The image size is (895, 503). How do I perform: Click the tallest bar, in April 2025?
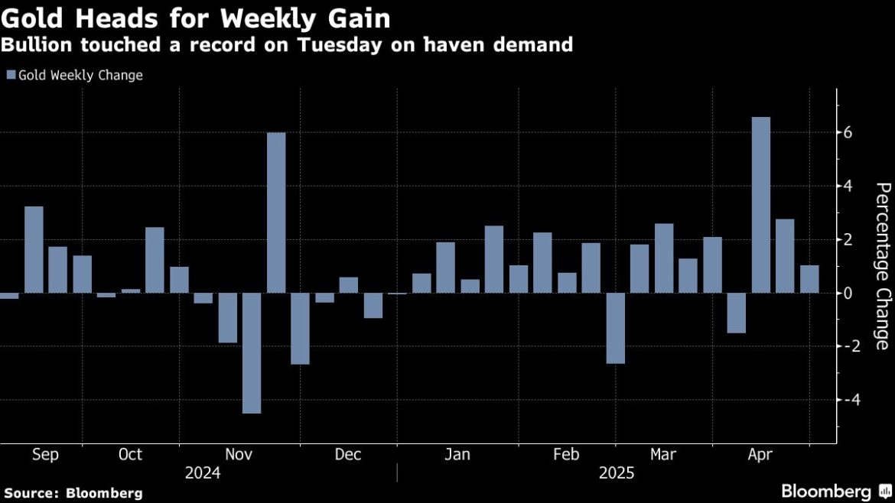pos(760,205)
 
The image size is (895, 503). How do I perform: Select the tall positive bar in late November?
pos(276,213)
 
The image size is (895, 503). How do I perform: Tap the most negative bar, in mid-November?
pos(252,353)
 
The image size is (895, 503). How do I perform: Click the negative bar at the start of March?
pos(615,328)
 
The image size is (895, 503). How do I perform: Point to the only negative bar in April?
pos(736,313)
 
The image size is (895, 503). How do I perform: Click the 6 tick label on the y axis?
pos(848,133)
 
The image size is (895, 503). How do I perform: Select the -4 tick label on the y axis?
pos(846,399)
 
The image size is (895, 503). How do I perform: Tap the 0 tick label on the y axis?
pos(848,293)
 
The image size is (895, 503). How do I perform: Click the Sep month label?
pos(45,455)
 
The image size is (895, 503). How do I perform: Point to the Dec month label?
pos(348,455)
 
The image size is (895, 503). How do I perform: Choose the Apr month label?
pos(760,455)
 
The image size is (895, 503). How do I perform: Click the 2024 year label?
pos(203,473)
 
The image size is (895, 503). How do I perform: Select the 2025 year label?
pos(617,473)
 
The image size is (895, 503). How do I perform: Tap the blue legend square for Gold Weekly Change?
pos(11,76)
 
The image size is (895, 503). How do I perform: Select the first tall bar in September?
pos(34,250)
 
